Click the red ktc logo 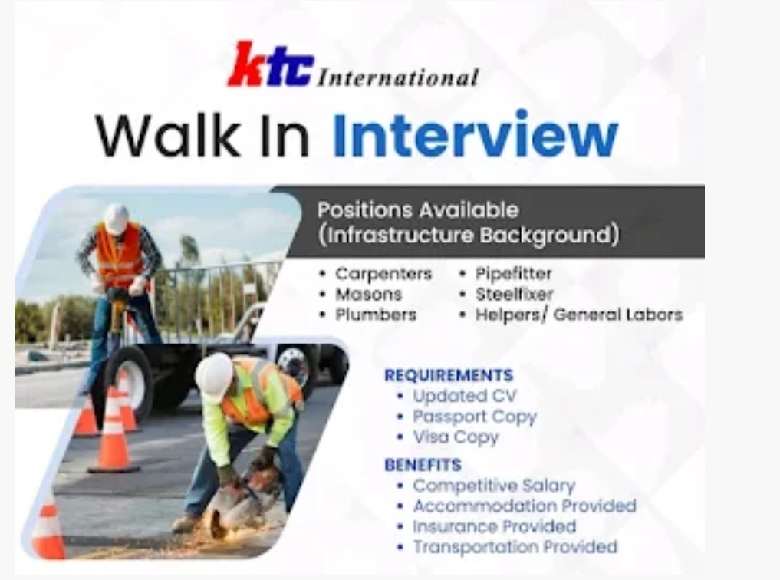tap(271, 66)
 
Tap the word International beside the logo tap(397, 77)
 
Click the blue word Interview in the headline tap(475, 135)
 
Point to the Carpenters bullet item tap(383, 274)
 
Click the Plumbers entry tap(376, 315)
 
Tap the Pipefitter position tap(513, 274)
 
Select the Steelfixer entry tap(514, 294)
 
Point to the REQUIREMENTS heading tap(449, 375)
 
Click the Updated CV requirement tap(464, 396)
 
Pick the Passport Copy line tap(474, 417)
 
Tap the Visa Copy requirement tap(455, 437)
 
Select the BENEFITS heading tap(423, 465)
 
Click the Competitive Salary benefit tap(493, 486)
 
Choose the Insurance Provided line tap(494, 526)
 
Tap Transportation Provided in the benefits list tap(515, 547)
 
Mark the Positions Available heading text tap(418, 209)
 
